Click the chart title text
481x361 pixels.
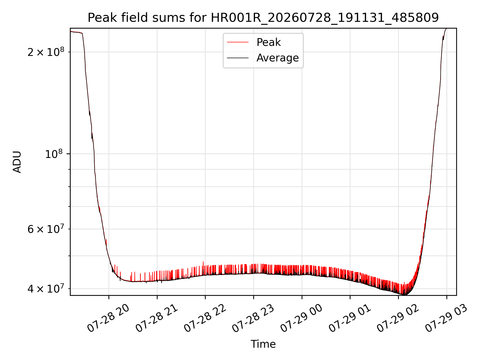click(263, 18)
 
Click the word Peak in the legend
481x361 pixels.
click(269, 42)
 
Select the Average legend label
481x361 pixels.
click(278, 58)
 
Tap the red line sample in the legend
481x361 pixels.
click(238, 42)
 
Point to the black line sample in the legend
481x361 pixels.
click(238, 58)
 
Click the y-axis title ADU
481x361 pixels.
click(17, 162)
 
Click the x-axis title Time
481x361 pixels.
click(263, 344)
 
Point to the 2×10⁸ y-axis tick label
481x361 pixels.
click(46, 52)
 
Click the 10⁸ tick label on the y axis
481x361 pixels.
click(55, 154)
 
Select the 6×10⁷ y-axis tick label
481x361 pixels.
click(46, 229)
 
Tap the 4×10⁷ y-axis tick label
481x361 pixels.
click(46, 289)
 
